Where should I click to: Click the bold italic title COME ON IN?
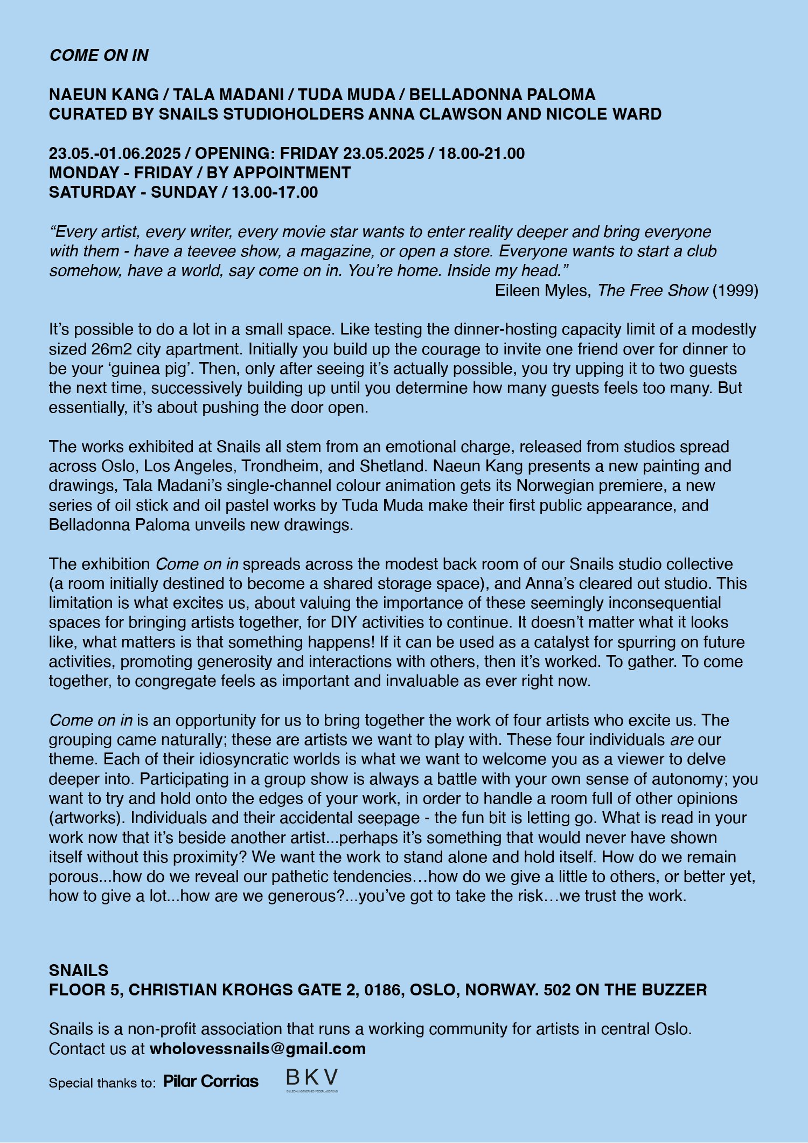tap(99, 55)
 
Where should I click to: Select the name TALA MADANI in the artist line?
tap(228, 95)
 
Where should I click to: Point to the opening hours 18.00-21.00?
tap(482, 154)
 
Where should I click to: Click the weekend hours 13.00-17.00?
tap(275, 192)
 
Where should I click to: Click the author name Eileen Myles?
tap(542, 290)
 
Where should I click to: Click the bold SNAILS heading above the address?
tap(79, 971)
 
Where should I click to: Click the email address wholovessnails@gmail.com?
tap(257, 1049)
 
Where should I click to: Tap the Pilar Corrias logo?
tap(211, 1082)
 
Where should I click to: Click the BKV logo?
tap(312, 1079)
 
